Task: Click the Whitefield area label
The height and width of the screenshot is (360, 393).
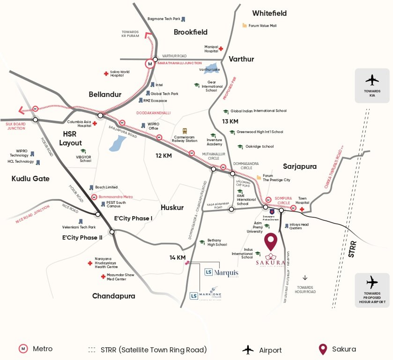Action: click(269, 13)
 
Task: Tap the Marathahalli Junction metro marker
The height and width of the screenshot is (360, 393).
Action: click(150, 63)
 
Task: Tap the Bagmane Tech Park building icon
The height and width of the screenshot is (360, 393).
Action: click(183, 19)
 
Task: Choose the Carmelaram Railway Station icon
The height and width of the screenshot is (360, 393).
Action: click(185, 131)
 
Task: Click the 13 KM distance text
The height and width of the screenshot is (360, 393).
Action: click(230, 122)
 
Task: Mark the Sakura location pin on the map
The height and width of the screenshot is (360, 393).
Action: click(271, 241)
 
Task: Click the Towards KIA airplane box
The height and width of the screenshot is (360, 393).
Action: click(372, 86)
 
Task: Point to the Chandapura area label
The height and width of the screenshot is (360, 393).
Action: click(113, 296)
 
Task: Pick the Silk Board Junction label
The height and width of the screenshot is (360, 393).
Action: click(15, 126)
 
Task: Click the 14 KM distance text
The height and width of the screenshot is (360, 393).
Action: click(178, 258)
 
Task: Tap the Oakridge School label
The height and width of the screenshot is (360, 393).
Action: click(259, 147)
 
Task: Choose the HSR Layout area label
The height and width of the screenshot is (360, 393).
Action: click(73, 139)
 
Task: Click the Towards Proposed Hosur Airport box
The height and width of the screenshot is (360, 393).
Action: click(372, 290)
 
